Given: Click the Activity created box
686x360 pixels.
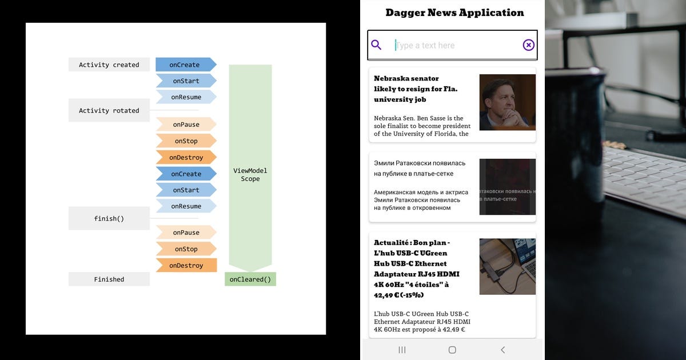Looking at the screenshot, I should click(109, 65).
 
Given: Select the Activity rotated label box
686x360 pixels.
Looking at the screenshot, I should click(109, 110).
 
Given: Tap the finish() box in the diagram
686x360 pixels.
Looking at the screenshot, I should click(109, 218).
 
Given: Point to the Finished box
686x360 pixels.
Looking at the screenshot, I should click(109, 279).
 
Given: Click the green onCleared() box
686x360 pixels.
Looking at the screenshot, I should click(250, 279).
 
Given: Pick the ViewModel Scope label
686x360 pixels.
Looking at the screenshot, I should click(250, 174).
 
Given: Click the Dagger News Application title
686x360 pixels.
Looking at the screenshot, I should click(454, 13).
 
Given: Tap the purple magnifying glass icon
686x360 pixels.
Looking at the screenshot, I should click(376, 45).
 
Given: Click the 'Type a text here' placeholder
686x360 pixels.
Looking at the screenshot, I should click(426, 45).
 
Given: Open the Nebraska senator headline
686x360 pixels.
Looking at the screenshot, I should click(416, 89).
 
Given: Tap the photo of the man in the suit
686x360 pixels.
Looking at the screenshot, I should click(507, 102).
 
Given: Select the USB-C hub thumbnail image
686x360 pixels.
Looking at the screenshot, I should click(507, 266).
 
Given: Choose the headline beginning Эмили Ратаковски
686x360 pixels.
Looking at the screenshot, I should click(420, 168).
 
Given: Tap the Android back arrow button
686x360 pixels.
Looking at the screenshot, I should click(502, 350).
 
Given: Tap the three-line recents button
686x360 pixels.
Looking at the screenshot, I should click(402, 350).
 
